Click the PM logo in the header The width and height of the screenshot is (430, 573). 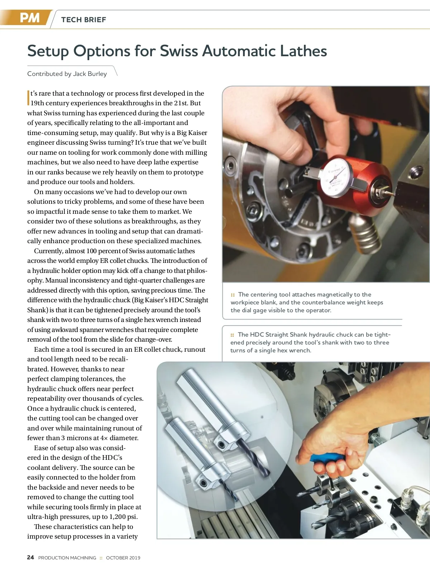30,18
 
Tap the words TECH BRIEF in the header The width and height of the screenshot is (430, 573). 83,20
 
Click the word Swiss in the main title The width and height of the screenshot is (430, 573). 179,50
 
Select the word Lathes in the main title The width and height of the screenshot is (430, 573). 304,50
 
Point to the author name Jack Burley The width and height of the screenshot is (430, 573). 90,74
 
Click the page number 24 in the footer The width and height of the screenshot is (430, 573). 30,557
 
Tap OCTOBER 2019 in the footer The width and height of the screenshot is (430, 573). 123,558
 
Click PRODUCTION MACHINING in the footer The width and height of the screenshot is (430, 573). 67,558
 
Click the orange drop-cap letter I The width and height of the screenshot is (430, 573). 28,98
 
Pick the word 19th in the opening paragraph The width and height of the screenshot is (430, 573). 37,103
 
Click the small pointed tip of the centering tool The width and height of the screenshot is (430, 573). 393,194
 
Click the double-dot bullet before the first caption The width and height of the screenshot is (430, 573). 232,295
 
